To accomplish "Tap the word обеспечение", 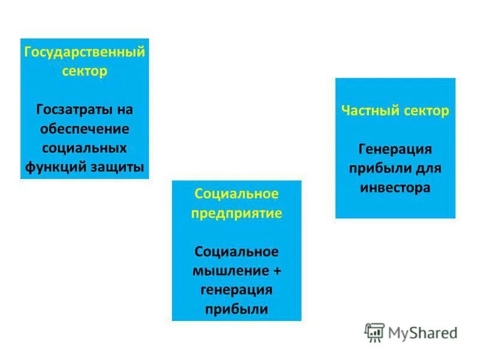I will point(84,129).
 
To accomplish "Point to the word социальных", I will point(84,148).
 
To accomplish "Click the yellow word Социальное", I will point(236,194).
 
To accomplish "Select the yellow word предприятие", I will point(236,213).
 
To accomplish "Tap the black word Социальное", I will point(236,251).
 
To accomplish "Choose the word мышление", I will point(230,271).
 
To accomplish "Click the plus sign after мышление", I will point(277,271).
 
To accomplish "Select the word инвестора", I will point(395,187).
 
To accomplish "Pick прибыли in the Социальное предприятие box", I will point(236,309).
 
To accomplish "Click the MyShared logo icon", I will point(374,332).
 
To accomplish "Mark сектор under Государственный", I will point(84,71).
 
